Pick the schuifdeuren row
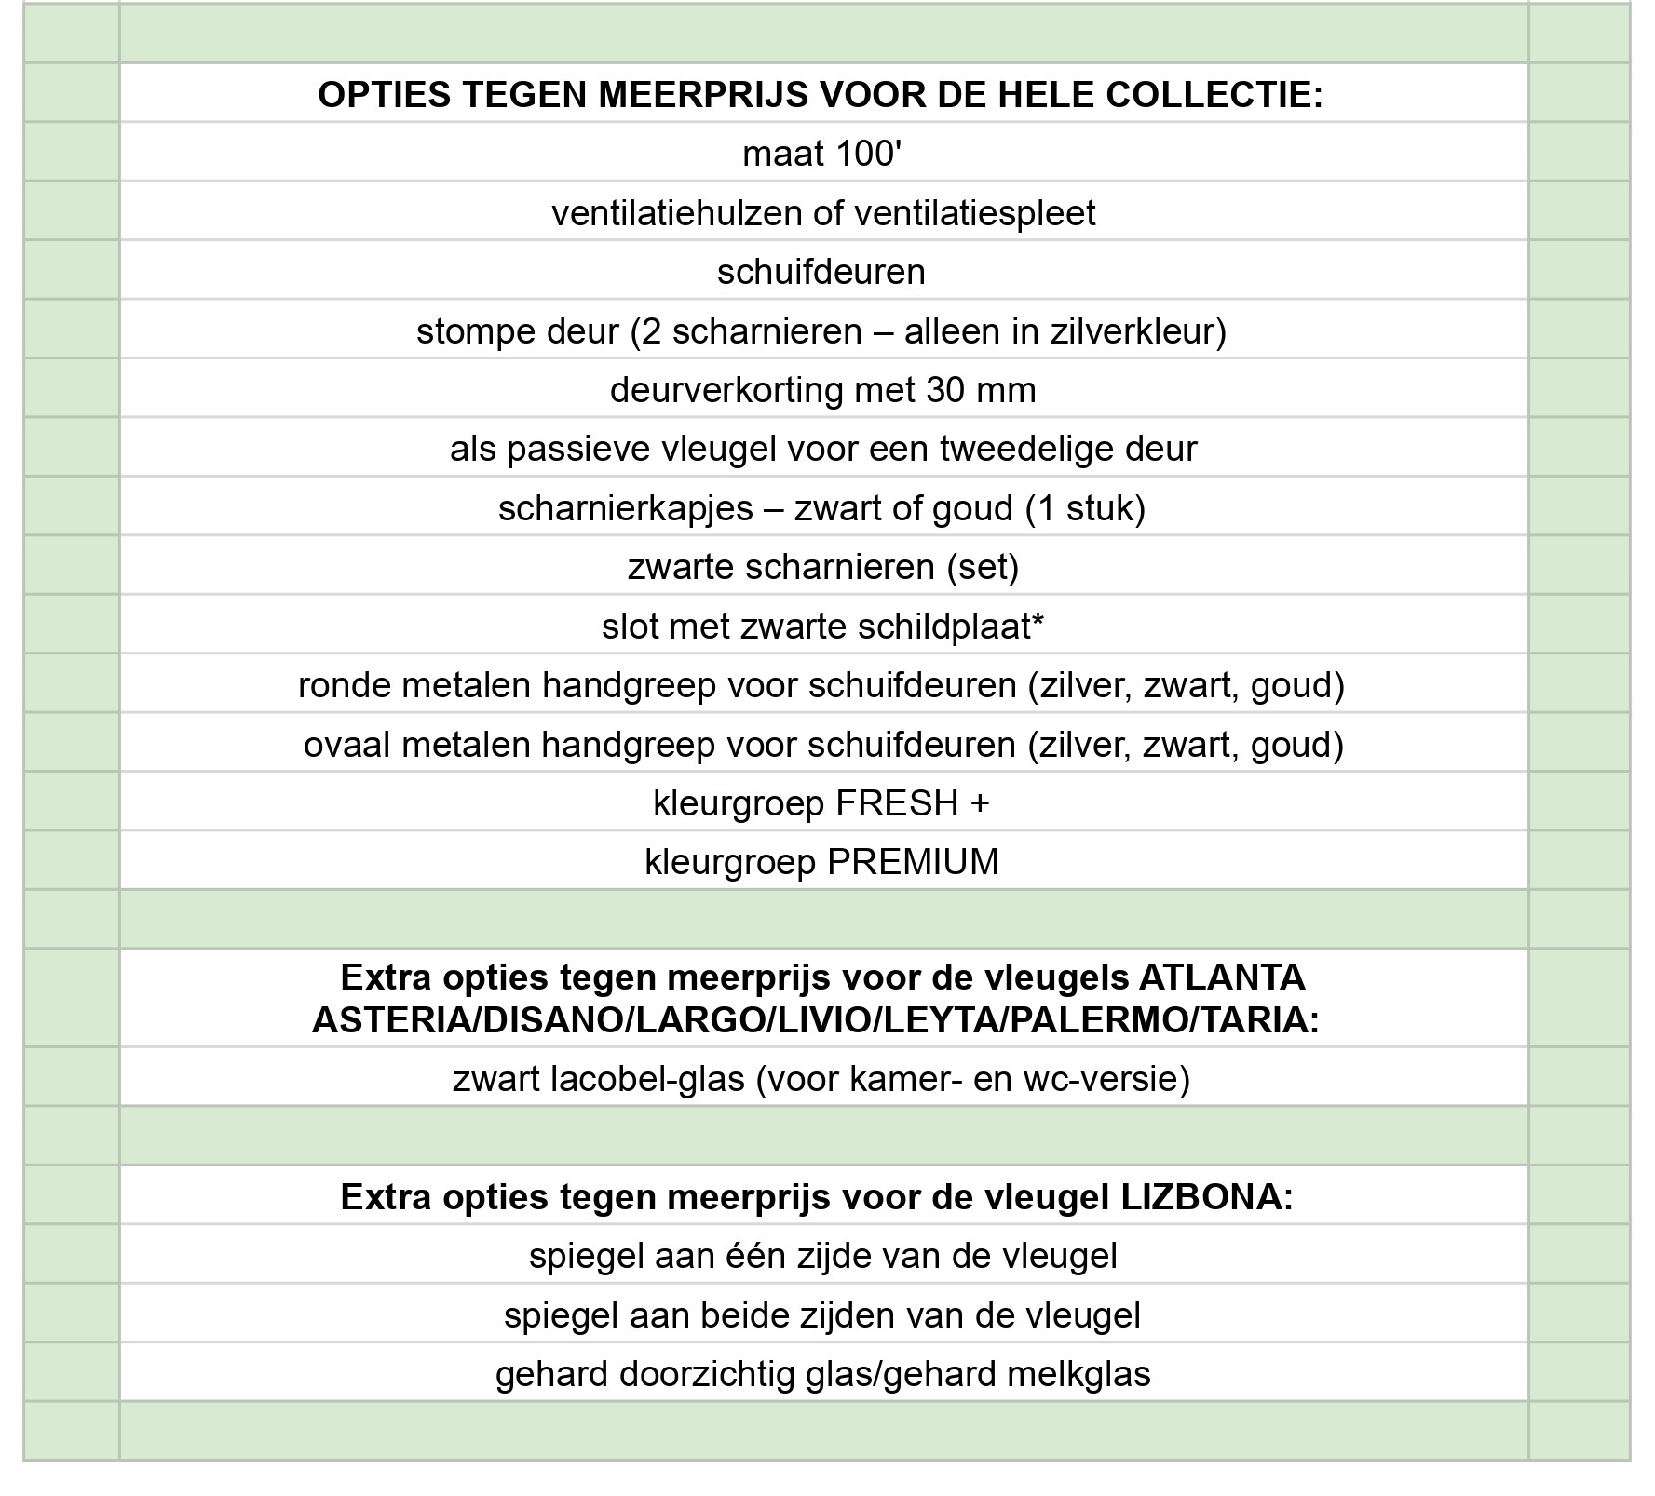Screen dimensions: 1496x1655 tap(821, 272)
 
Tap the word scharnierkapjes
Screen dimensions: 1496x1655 tap(625, 508)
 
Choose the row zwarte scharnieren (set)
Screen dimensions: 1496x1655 tap(823, 567)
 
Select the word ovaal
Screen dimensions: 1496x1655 tap(346, 745)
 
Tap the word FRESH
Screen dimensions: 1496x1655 tap(897, 803)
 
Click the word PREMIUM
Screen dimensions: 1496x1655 tap(913, 862)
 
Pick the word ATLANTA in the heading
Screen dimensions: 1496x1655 tap(1222, 977)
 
